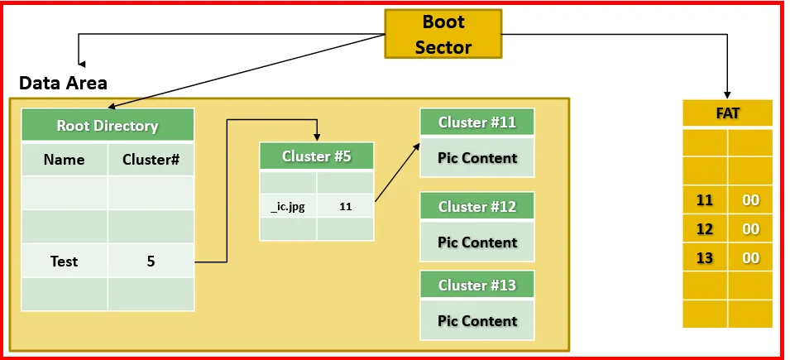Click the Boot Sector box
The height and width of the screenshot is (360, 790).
click(x=443, y=34)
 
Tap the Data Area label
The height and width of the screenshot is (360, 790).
click(x=63, y=83)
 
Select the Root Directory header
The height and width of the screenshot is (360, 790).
click(x=108, y=126)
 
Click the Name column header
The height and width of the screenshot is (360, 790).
click(x=64, y=159)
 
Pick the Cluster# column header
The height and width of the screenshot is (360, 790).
click(x=151, y=159)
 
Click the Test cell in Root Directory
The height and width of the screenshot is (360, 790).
click(x=64, y=262)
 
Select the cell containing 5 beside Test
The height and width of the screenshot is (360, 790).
click(x=151, y=262)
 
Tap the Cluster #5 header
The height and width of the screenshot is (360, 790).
click(x=316, y=156)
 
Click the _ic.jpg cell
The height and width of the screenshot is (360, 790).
click(x=288, y=207)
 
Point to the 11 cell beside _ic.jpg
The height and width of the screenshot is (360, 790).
click(x=344, y=207)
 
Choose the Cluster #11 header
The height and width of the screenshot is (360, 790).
click(x=477, y=122)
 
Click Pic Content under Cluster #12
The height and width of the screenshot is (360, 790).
click(x=477, y=242)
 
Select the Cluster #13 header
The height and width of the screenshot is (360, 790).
click(x=477, y=285)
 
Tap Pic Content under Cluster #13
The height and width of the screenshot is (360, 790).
click(x=477, y=320)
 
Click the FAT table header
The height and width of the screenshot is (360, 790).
click(x=727, y=113)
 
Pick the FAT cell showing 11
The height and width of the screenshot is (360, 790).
click(x=705, y=200)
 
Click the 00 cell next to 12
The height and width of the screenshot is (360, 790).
click(x=750, y=229)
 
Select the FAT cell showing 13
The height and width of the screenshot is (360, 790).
click(x=705, y=258)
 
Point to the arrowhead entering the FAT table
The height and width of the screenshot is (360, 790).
click(x=728, y=94)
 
